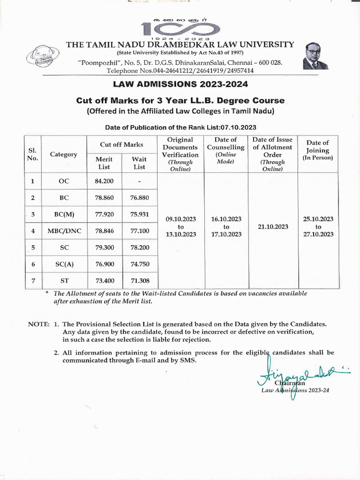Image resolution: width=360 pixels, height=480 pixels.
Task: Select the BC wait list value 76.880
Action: [x=139, y=198]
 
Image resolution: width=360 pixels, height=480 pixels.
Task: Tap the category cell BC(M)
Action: [x=64, y=215]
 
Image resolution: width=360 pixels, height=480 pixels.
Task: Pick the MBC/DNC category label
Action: [x=64, y=231]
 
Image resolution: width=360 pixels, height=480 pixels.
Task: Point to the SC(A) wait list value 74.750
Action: [x=139, y=264]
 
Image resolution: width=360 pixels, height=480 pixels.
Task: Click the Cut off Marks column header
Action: [x=121, y=145]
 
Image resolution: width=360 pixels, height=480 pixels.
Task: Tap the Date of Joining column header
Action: [x=317, y=150]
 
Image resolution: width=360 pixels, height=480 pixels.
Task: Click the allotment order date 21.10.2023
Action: [x=272, y=226]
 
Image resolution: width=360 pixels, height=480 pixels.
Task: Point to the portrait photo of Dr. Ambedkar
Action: [x=316, y=56]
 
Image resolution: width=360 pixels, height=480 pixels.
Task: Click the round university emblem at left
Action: [x=42, y=59]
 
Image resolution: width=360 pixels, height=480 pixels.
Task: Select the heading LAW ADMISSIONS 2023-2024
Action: [x=180, y=85]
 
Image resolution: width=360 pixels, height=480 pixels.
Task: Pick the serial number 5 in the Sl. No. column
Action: [x=32, y=247]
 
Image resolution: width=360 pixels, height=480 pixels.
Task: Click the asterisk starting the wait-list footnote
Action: [x=47, y=293]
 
